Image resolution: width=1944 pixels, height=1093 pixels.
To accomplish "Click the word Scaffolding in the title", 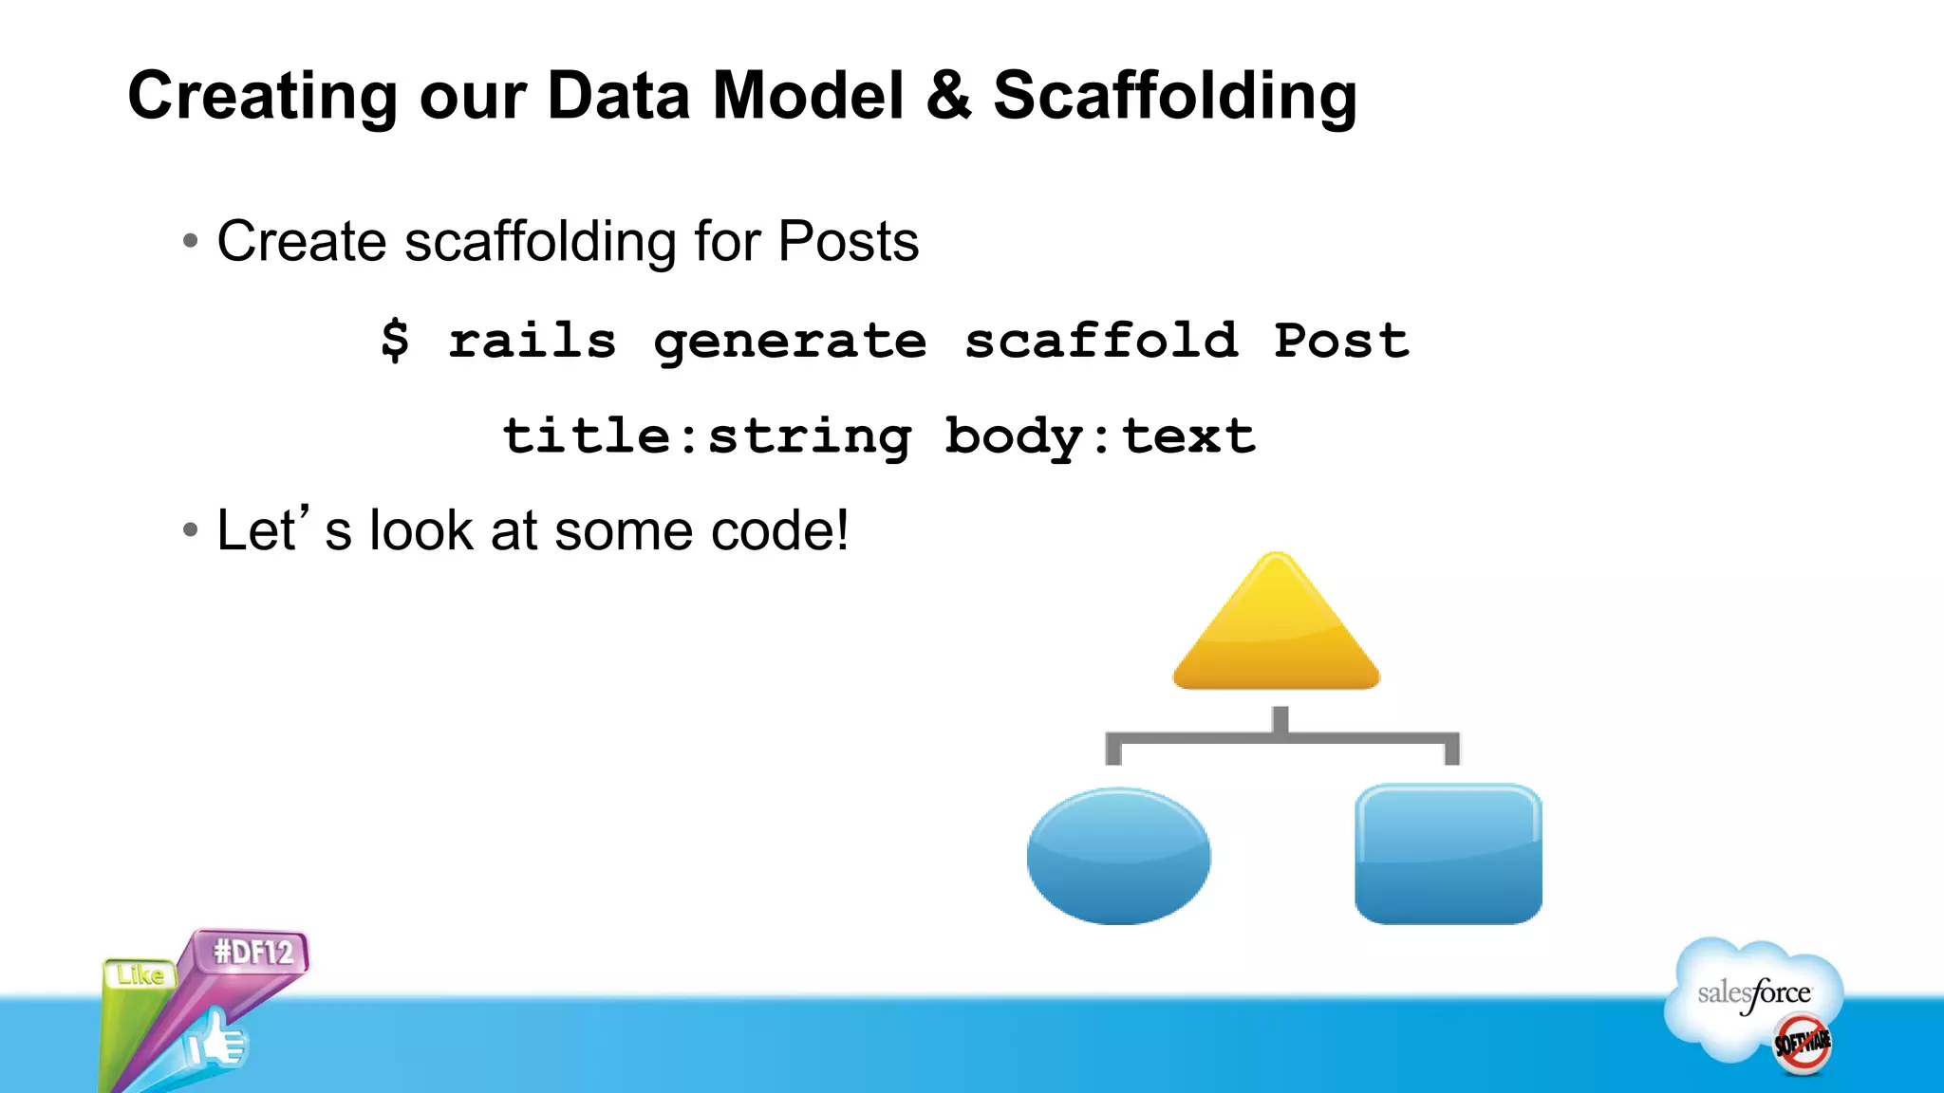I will [x=1174, y=97].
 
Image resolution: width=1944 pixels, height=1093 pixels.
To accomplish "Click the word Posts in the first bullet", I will [x=848, y=241].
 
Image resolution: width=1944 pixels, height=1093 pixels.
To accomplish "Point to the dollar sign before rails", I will [x=395, y=341].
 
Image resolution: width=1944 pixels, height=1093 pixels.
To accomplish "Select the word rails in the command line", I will [x=532, y=341].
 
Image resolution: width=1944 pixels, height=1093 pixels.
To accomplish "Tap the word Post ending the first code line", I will [x=1340, y=341].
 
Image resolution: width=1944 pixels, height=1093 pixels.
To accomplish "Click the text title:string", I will [x=706, y=436].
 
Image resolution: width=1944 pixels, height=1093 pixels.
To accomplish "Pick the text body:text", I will [x=1099, y=436].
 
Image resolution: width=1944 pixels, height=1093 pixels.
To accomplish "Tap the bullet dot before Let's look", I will [x=191, y=530].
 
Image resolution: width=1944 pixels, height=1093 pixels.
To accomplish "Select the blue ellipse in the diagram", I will [x=1118, y=856].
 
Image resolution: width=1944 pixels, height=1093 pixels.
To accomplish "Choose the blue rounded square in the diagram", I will [x=1448, y=854].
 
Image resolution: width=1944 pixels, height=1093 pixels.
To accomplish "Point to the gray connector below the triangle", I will [x=1280, y=737].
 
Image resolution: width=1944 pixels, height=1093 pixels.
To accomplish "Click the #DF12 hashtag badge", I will [x=252, y=952].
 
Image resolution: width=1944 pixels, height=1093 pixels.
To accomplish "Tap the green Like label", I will [x=140, y=974].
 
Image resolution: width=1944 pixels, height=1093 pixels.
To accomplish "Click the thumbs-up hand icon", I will [x=216, y=1042].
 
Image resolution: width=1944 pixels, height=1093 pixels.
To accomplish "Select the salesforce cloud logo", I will [x=1753, y=996].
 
